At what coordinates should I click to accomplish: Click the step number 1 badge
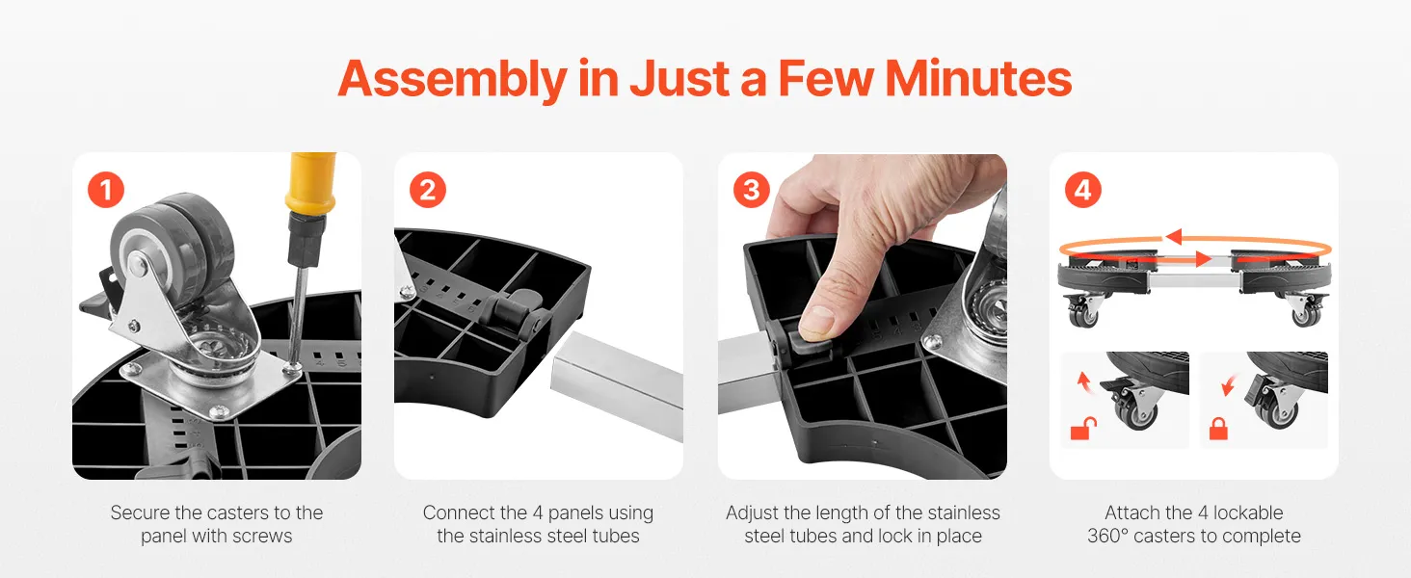click(106, 190)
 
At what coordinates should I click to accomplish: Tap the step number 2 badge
click(428, 190)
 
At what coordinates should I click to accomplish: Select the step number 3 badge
click(752, 190)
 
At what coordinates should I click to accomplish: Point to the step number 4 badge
click(1082, 190)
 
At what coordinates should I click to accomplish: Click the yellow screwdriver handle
click(310, 183)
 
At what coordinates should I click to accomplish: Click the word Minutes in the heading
click(978, 79)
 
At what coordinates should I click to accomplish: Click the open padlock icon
click(1083, 429)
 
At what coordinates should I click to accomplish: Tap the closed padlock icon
click(1218, 429)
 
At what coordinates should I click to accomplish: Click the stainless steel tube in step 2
click(617, 384)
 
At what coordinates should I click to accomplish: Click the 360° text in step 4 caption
click(1106, 536)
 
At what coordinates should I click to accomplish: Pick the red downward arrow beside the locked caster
click(1228, 386)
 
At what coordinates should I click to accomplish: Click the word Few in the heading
click(826, 79)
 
